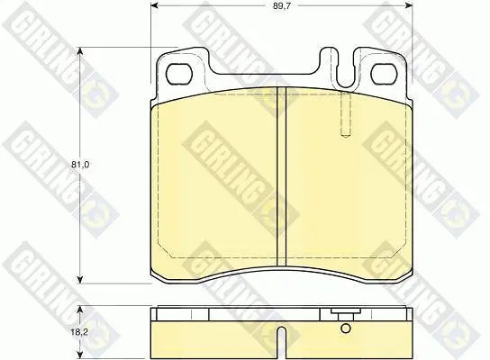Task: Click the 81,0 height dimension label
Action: [80, 165]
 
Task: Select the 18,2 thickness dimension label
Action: [79, 332]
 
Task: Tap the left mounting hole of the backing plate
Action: [178, 74]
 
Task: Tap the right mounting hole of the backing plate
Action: [384, 74]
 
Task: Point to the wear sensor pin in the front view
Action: [345, 114]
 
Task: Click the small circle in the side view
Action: [346, 328]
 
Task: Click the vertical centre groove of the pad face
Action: [282, 177]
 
